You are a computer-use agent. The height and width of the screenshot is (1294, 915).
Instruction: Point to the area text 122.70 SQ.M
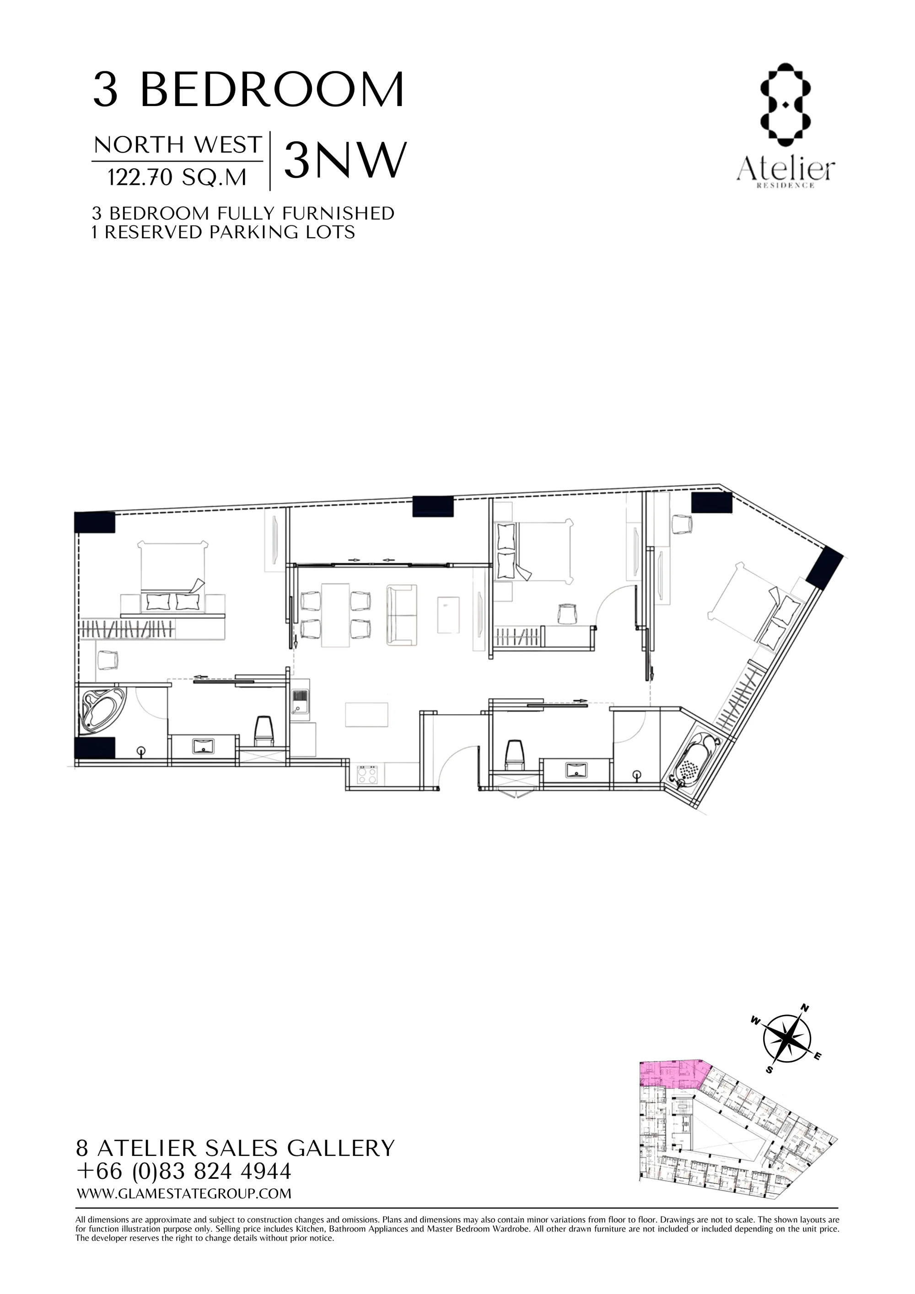[x=177, y=177]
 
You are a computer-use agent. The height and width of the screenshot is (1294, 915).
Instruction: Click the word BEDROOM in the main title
[x=271, y=90]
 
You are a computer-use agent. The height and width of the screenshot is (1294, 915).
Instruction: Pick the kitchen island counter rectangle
[x=366, y=714]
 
